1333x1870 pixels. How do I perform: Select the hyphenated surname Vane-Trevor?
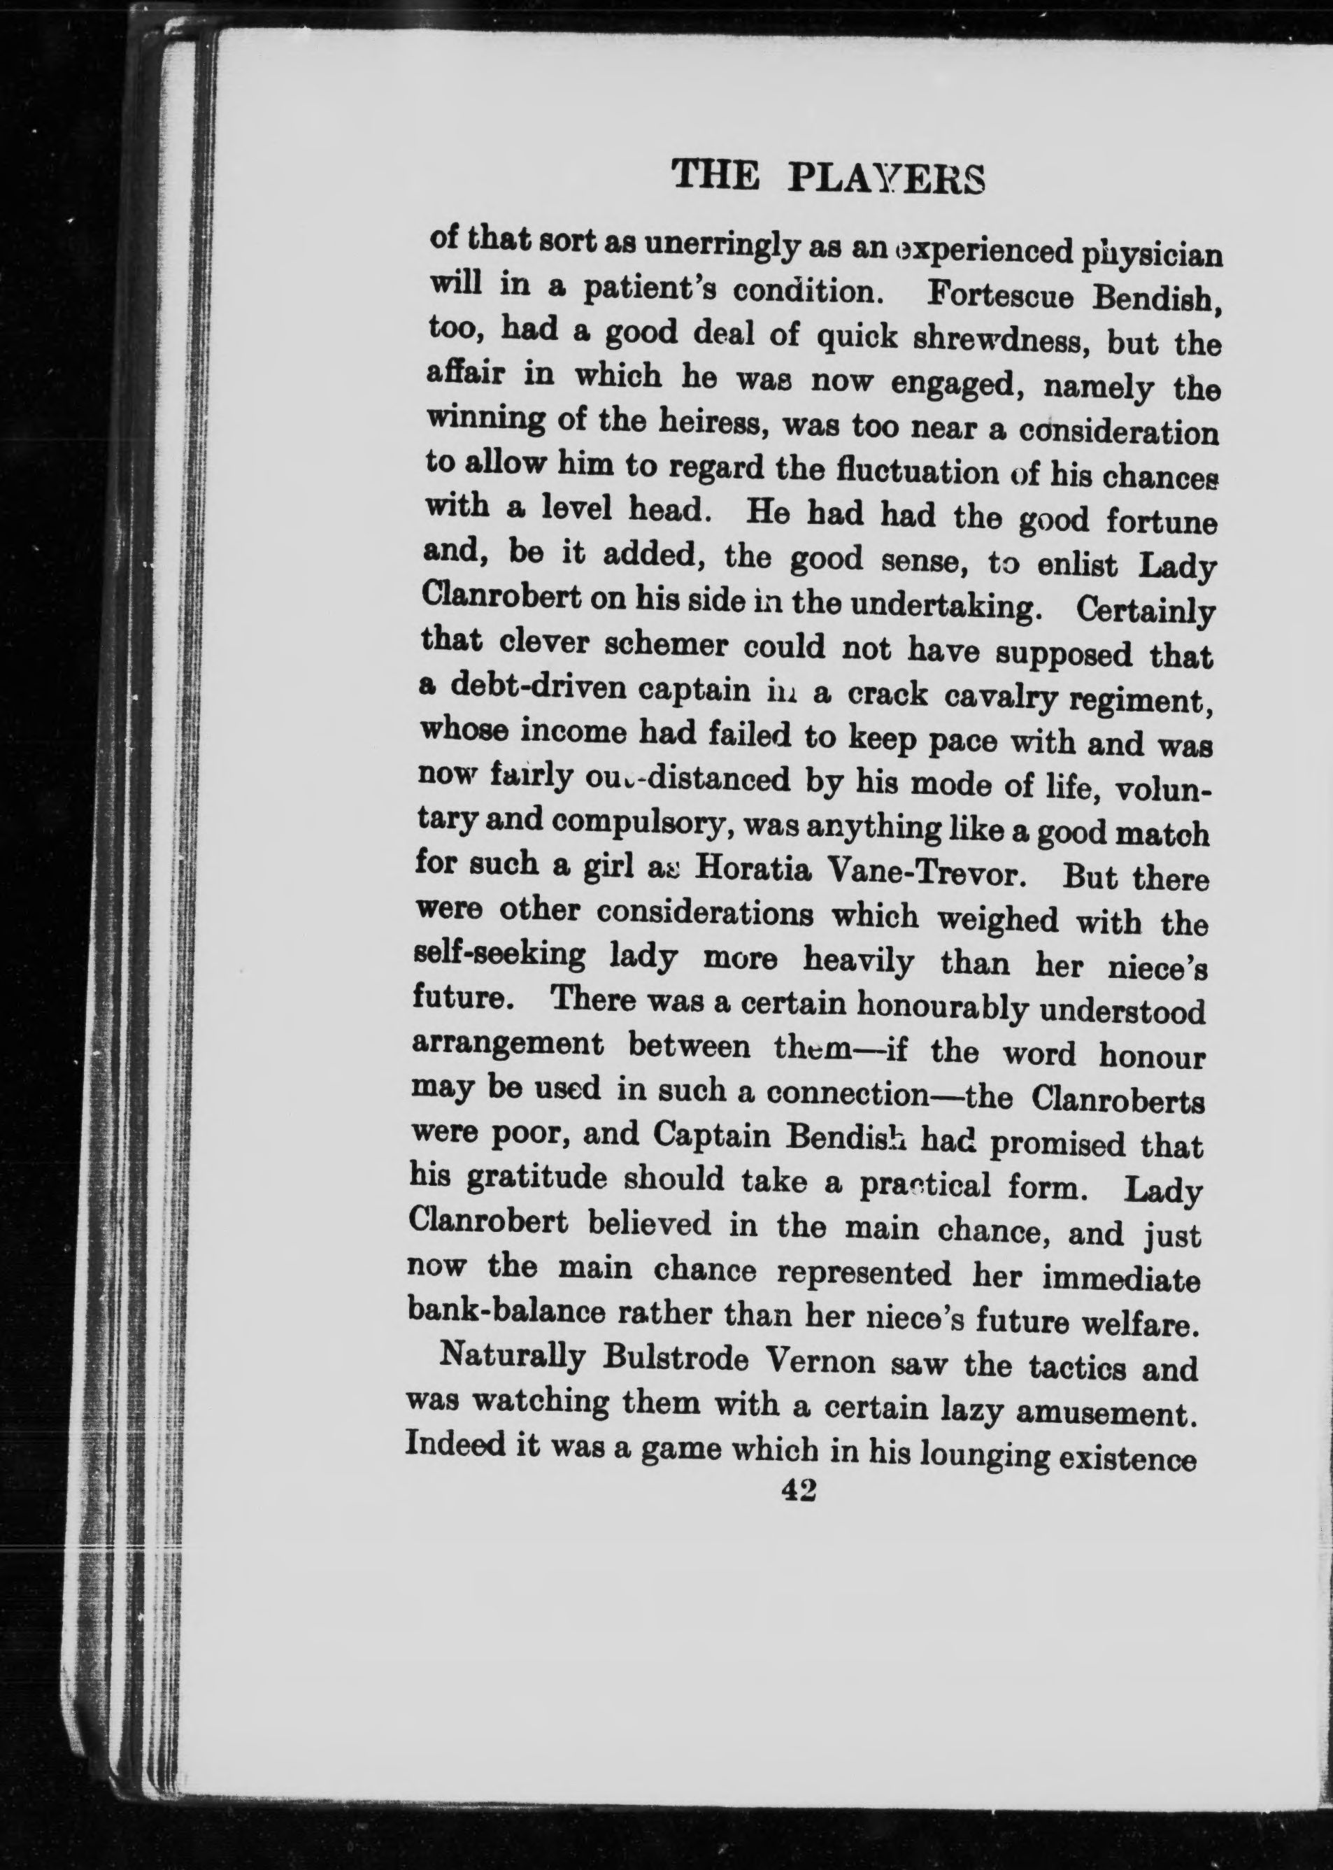pyautogui.click(x=928, y=872)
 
